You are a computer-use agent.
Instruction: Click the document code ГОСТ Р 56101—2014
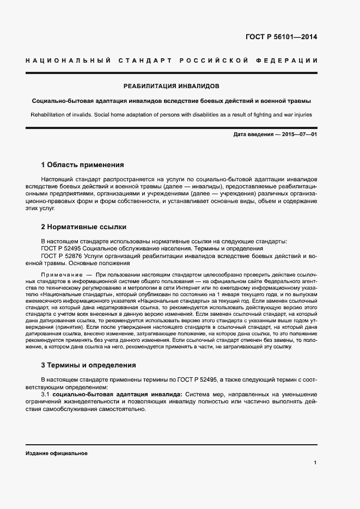[282, 38]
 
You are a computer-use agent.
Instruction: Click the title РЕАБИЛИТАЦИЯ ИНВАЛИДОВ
[171, 86]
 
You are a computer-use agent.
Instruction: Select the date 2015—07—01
[299, 134]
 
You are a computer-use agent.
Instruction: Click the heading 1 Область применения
[83, 164]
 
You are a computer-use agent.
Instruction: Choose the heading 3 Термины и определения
[89, 365]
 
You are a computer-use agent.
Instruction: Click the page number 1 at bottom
[315, 463]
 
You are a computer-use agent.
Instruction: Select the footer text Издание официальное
[57, 453]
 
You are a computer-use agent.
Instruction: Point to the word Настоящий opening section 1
[59, 179]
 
